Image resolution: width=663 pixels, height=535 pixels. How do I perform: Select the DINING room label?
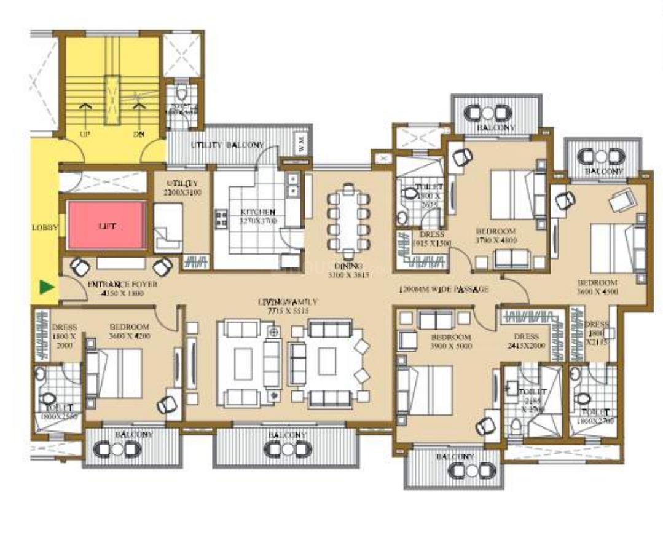click(348, 266)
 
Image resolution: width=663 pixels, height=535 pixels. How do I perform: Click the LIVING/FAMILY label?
click(288, 302)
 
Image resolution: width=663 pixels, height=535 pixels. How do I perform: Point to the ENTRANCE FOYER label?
click(122, 285)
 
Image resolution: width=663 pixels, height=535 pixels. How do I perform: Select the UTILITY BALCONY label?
click(227, 145)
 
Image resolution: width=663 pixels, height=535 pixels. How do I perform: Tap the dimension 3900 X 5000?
click(451, 347)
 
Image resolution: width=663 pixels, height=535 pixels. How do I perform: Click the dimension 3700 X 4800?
click(496, 241)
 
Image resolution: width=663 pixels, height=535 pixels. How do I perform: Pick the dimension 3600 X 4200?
click(130, 336)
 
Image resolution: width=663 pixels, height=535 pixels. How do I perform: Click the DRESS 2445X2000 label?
click(526, 341)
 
